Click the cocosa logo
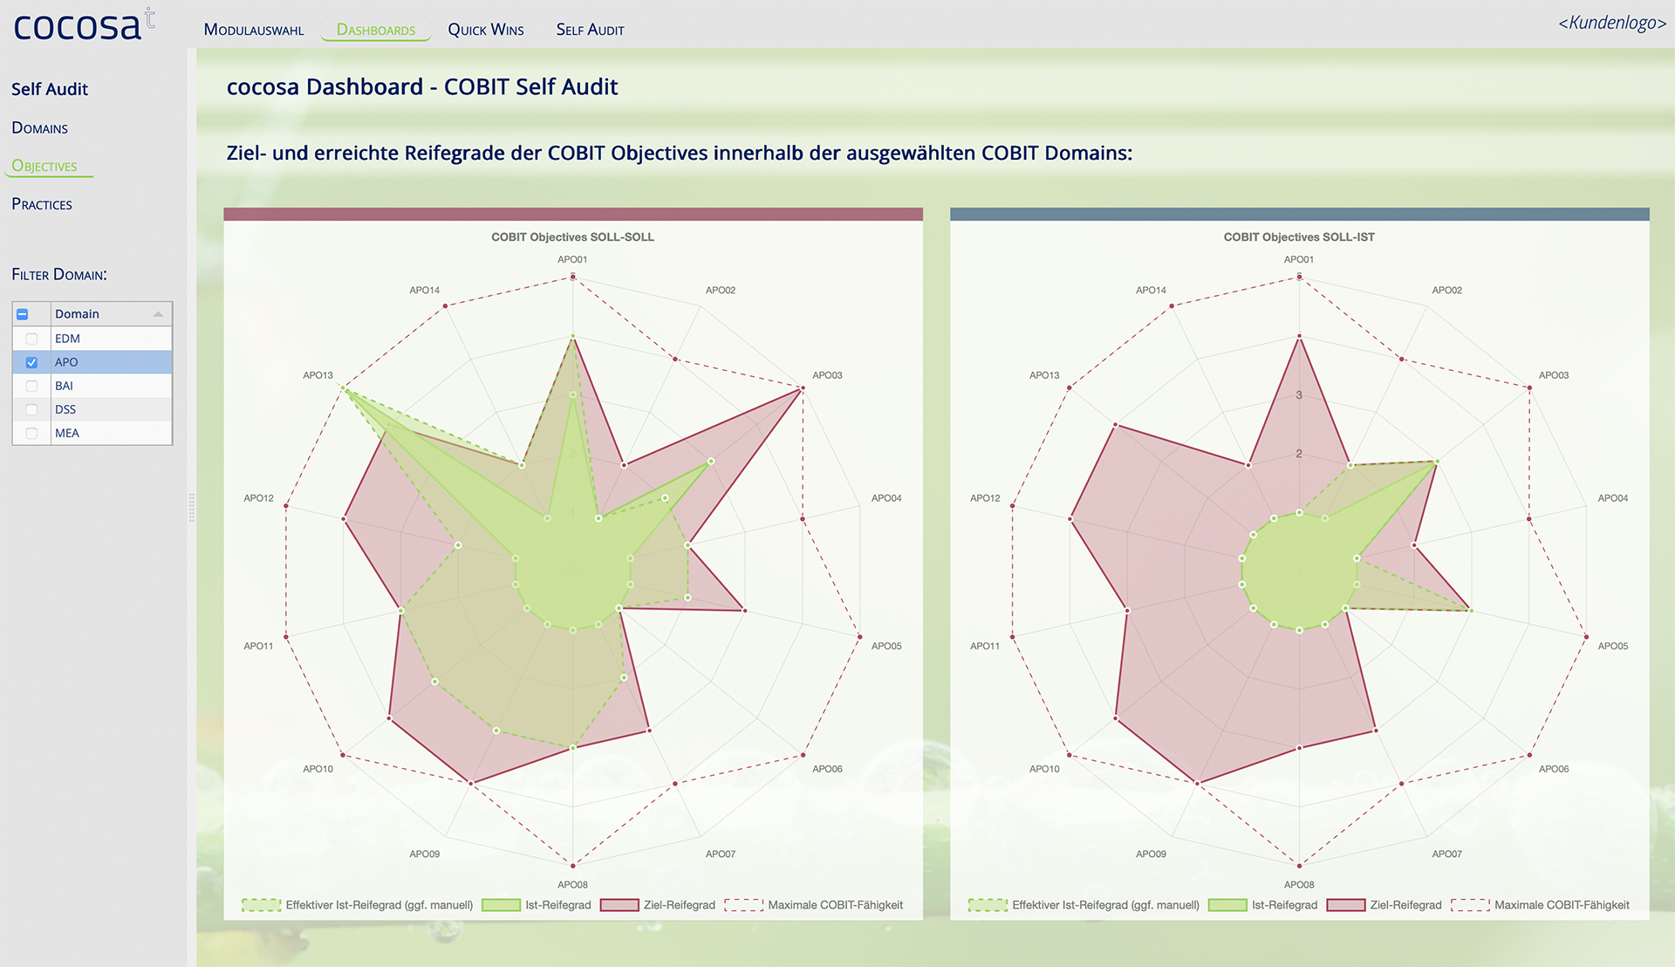coord(83,26)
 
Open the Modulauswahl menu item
coord(253,30)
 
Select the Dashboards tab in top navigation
coord(376,30)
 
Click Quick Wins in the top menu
coord(486,30)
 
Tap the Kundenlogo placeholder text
coord(1611,23)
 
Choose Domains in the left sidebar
coord(40,128)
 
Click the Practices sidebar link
coord(42,204)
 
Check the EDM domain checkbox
coord(31,339)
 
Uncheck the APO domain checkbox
coord(31,362)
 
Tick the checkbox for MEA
coord(31,433)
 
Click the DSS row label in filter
coord(65,409)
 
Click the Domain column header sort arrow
coord(158,314)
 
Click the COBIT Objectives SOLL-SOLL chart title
coord(572,237)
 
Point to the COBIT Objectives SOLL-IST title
coord(1298,237)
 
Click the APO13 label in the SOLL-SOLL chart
coord(318,375)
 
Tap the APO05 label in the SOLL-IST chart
coord(1612,646)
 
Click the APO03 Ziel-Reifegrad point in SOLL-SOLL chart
coord(801,390)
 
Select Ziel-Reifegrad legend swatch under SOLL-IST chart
coord(1345,905)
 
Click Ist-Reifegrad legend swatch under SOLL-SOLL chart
coord(501,905)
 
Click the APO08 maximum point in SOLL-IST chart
coord(1299,865)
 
